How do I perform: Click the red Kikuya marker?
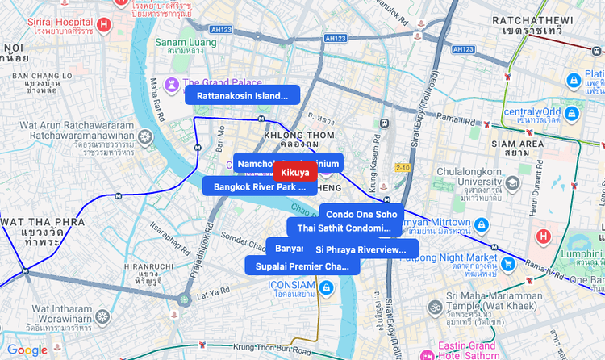pyautogui.click(x=295, y=172)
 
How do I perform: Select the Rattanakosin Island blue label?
pyautogui.click(x=242, y=95)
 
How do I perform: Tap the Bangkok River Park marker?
pyautogui.click(x=259, y=186)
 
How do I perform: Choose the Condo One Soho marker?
pyautogui.click(x=361, y=214)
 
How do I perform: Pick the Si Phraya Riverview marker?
pyautogui.click(x=361, y=249)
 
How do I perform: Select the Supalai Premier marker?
pyautogui.click(x=302, y=266)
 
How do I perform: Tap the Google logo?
pyautogui.click(x=27, y=350)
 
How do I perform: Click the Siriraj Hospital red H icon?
pyautogui.click(x=103, y=25)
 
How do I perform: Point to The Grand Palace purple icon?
pyautogui.click(x=172, y=83)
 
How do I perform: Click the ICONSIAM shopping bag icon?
pyautogui.click(x=324, y=288)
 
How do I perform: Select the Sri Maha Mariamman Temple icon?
pyautogui.click(x=436, y=307)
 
